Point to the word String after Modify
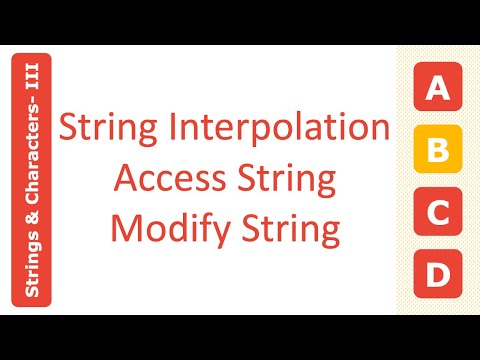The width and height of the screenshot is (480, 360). click(292, 229)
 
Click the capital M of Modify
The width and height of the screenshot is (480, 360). click(124, 228)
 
